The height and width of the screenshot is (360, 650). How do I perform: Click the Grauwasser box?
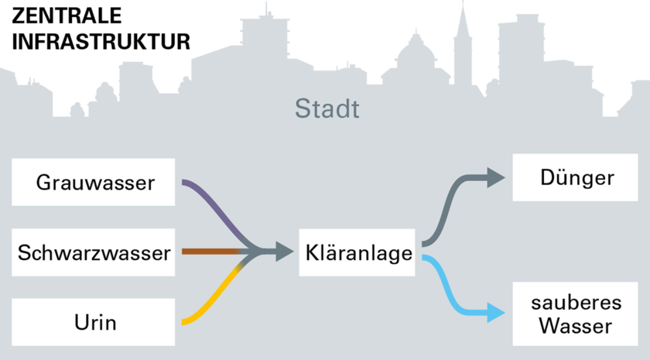[94, 182]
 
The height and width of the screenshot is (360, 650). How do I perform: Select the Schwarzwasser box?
[94, 252]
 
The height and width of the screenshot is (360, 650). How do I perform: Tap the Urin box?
[94, 322]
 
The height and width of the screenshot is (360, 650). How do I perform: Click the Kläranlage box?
[357, 252]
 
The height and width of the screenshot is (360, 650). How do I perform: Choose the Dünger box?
[576, 177]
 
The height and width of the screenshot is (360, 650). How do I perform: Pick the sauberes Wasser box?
[576, 314]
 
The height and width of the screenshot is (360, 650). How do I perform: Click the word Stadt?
[327, 108]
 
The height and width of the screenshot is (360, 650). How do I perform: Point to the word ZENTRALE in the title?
[67, 16]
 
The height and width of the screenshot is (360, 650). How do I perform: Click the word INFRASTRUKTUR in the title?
[101, 42]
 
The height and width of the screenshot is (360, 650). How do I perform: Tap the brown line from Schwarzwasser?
[210, 252]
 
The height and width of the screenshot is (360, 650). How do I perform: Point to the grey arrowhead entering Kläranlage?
[284, 252]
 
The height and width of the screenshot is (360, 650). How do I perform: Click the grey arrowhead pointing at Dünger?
[496, 177]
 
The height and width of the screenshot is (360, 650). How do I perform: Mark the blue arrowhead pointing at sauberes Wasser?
[496, 313]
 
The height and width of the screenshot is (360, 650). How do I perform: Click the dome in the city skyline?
[416, 50]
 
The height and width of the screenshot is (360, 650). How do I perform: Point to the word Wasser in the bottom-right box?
[576, 326]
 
